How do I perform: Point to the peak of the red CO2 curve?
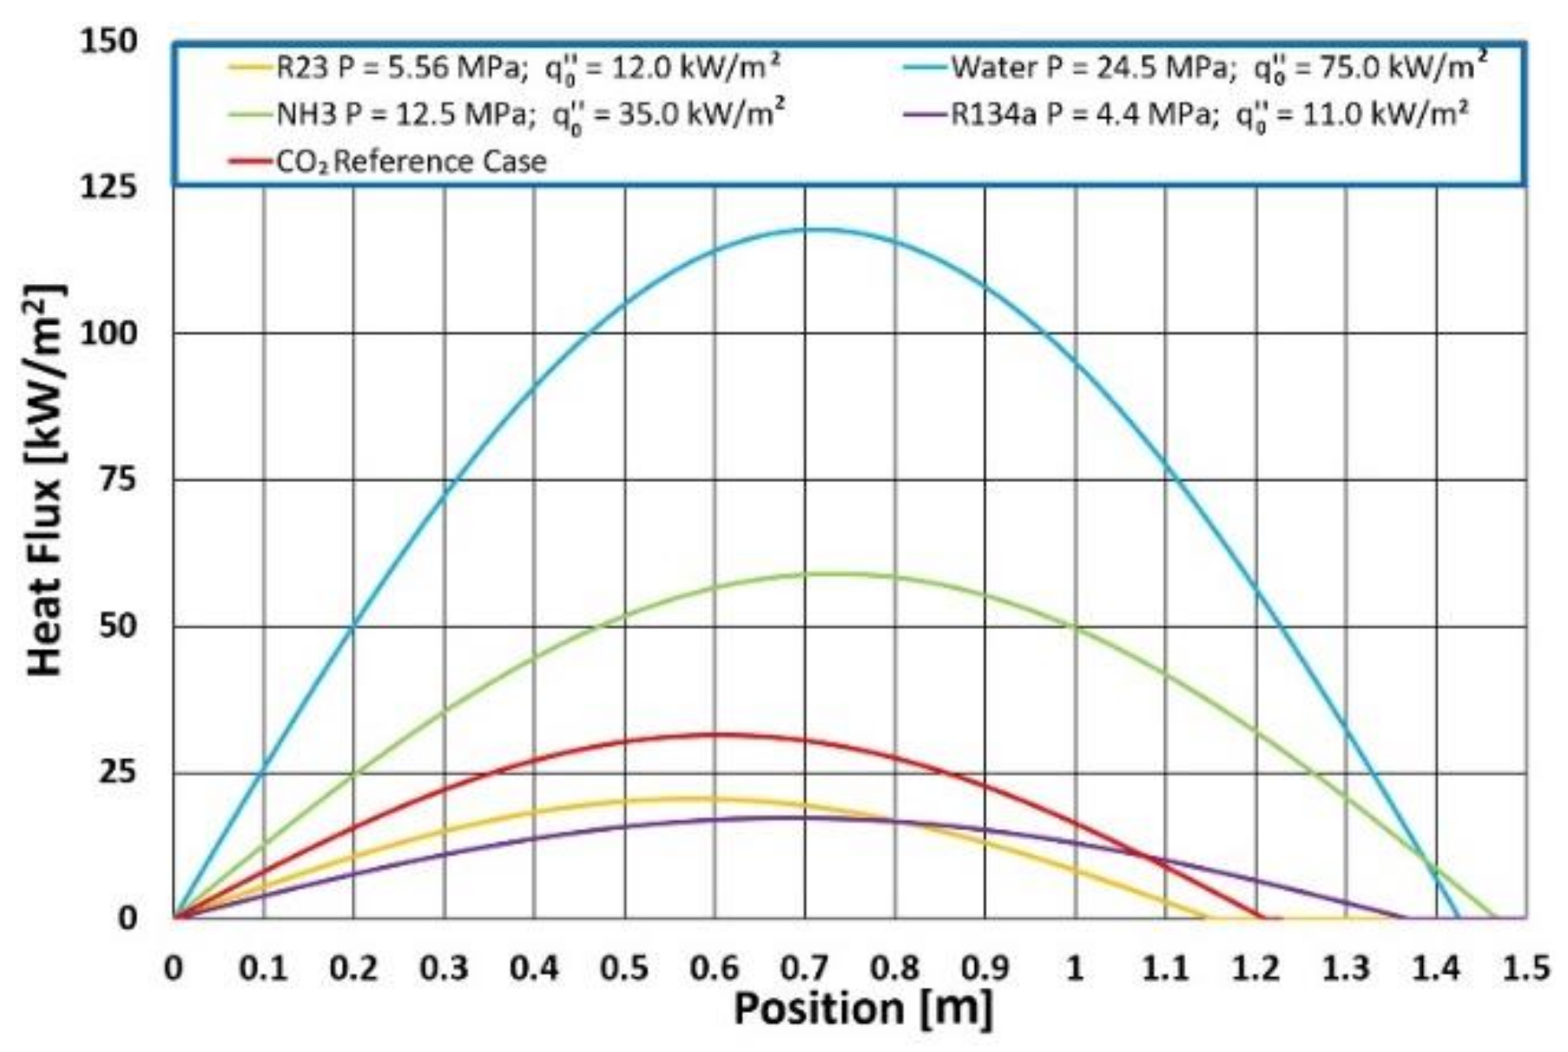click(x=714, y=735)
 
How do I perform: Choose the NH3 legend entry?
click(x=530, y=115)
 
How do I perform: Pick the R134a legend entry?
click(x=1207, y=115)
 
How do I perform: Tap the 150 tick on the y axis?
click(x=109, y=41)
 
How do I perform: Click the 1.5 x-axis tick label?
click(x=1525, y=967)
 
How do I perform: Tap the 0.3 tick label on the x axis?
click(x=444, y=967)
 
